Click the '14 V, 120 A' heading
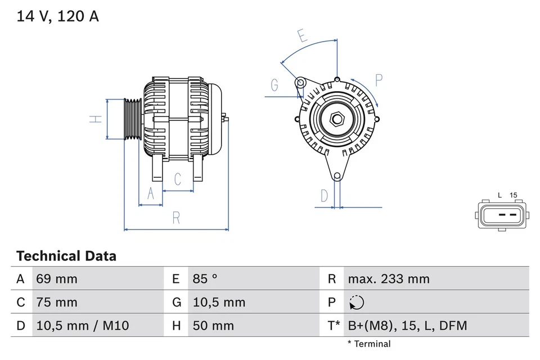[x=57, y=16]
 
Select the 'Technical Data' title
[x=66, y=256]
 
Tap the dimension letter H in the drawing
[x=97, y=119]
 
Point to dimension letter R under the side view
[x=176, y=218]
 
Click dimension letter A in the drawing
[x=150, y=193]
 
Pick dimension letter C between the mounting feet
[x=178, y=179]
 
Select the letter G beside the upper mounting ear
[x=274, y=85]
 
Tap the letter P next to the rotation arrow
[x=379, y=80]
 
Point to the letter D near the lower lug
[x=324, y=196]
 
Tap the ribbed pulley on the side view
[x=133, y=119]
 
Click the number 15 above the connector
[x=513, y=195]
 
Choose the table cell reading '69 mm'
[x=57, y=278]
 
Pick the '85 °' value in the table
[x=205, y=278]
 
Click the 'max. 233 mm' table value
[x=389, y=278]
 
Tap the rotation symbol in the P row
[x=356, y=303]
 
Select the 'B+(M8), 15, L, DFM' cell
[x=407, y=326]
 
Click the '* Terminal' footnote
[x=369, y=344]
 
